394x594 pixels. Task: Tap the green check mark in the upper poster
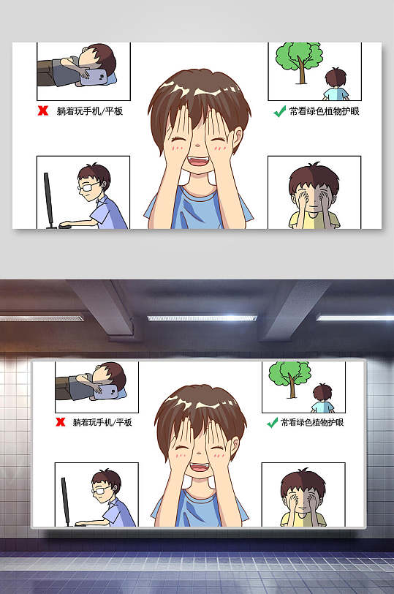click(x=279, y=111)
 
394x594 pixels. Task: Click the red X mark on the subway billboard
click(x=61, y=422)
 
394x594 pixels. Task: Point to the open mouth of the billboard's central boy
click(x=197, y=464)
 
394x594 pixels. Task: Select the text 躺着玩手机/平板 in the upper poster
click(x=88, y=112)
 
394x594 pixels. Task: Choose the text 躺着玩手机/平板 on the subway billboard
click(x=102, y=422)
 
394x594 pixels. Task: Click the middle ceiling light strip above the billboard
click(x=202, y=318)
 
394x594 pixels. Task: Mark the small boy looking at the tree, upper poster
click(x=336, y=85)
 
